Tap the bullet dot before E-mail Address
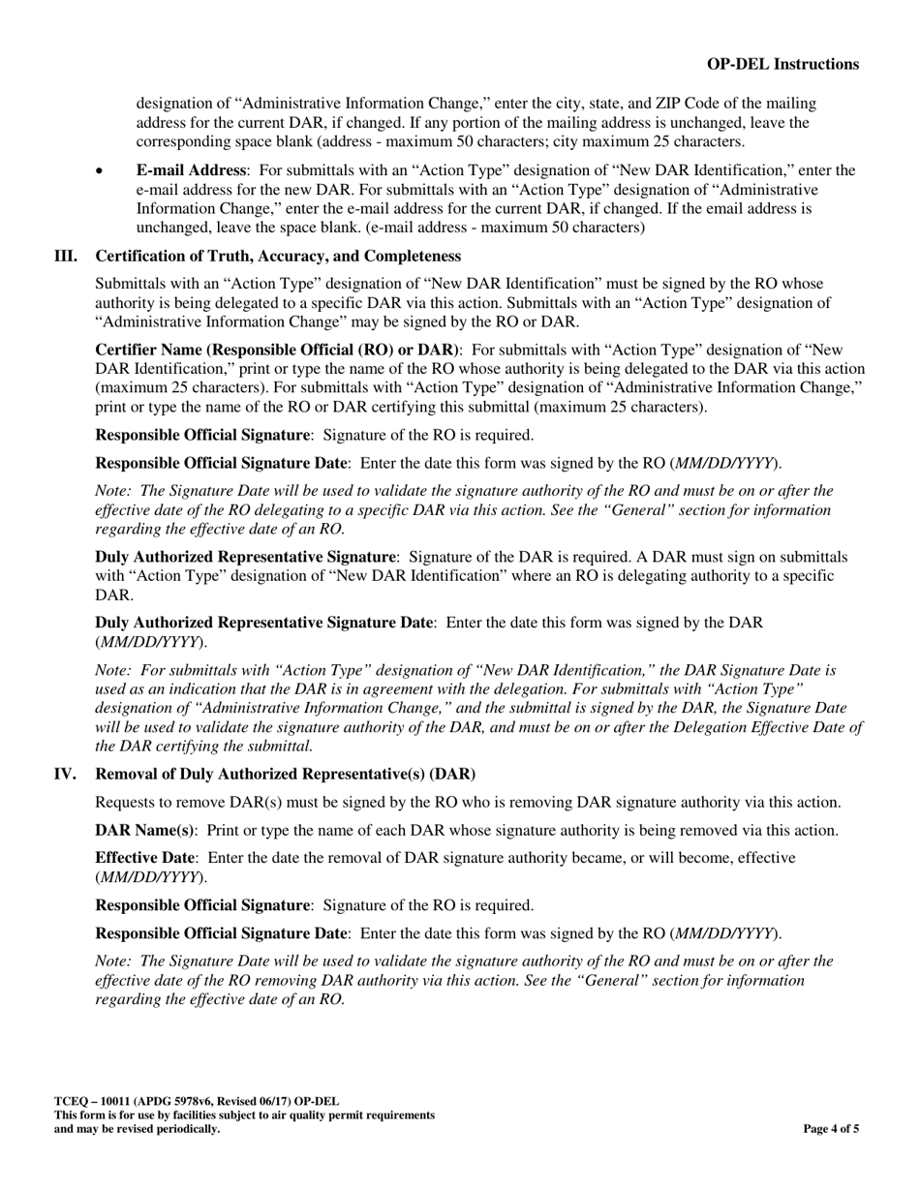click(100, 171)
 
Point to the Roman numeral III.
click(66, 256)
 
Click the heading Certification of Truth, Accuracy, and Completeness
click(278, 256)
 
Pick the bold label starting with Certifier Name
click(278, 350)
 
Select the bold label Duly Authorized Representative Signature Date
click(264, 622)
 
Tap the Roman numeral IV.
click(66, 774)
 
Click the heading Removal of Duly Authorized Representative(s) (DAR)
click(285, 774)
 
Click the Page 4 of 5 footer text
click(831, 1128)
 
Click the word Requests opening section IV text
click(127, 802)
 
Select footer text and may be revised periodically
click(137, 1128)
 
